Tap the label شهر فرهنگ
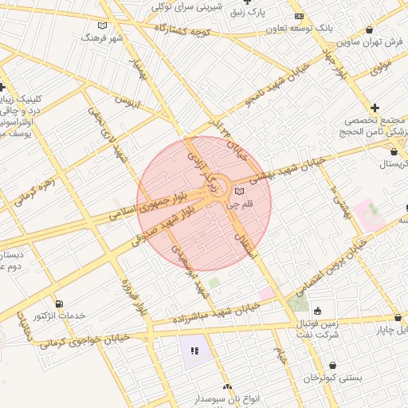point(107,37)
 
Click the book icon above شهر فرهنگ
point(100,23)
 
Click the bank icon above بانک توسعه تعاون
point(299,16)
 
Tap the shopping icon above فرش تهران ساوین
point(369,30)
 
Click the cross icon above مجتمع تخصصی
point(375,108)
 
